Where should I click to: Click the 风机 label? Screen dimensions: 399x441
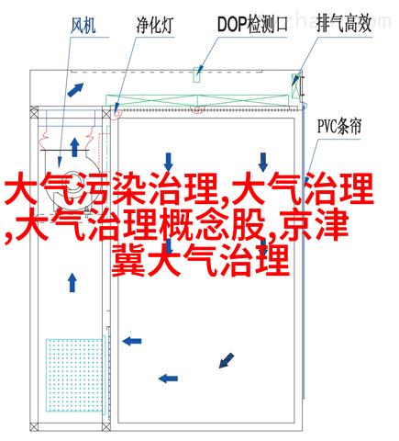coord(83,25)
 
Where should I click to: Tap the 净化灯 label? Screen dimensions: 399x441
coord(155,25)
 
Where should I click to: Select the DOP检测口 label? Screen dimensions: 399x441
coord(252,25)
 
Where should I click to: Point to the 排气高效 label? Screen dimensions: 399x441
coord(344,24)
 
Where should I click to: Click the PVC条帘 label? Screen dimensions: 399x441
coord(339,126)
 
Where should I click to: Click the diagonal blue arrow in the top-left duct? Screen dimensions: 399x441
coord(75,90)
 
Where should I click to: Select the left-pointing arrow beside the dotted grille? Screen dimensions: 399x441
coord(132,341)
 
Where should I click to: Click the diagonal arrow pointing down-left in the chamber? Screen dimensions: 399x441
coord(227,360)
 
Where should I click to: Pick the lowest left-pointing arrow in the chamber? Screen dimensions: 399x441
coord(168,379)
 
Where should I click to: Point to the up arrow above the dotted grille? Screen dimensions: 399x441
coord(72,282)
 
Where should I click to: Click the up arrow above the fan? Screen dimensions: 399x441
coord(74,147)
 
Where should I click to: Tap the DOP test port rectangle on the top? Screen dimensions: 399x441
coord(196,74)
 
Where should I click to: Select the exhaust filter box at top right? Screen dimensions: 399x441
coord(296,85)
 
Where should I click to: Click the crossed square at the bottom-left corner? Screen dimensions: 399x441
coord(34,427)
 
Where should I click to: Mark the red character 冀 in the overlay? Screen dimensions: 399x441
coord(128,260)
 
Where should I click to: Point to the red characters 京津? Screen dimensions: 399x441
coord(314,225)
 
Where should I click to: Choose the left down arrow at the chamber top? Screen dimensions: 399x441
coord(168,163)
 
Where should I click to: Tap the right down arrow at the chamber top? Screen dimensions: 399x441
coord(263,163)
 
